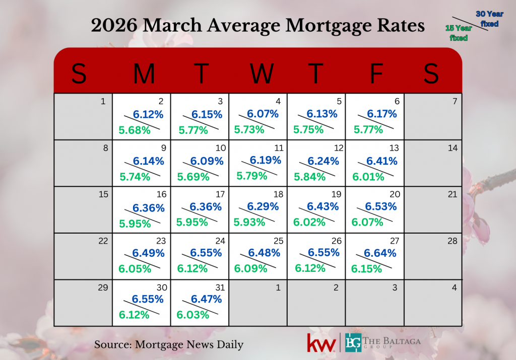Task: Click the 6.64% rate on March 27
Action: coord(380,253)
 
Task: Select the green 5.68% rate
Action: coord(135,130)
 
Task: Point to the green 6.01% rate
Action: coord(367,177)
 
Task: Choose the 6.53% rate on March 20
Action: coord(381,207)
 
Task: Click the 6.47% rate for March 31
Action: coord(206,300)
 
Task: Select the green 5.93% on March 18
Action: coord(251,222)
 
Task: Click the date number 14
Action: coord(453,148)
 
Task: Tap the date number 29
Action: coord(103,287)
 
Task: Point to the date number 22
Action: coord(103,241)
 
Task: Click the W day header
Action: coord(262,74)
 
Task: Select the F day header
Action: coord(376,74)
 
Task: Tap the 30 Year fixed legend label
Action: coord(487,19)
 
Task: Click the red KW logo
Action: coord(321,343)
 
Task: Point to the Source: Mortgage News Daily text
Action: coord(169,345)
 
